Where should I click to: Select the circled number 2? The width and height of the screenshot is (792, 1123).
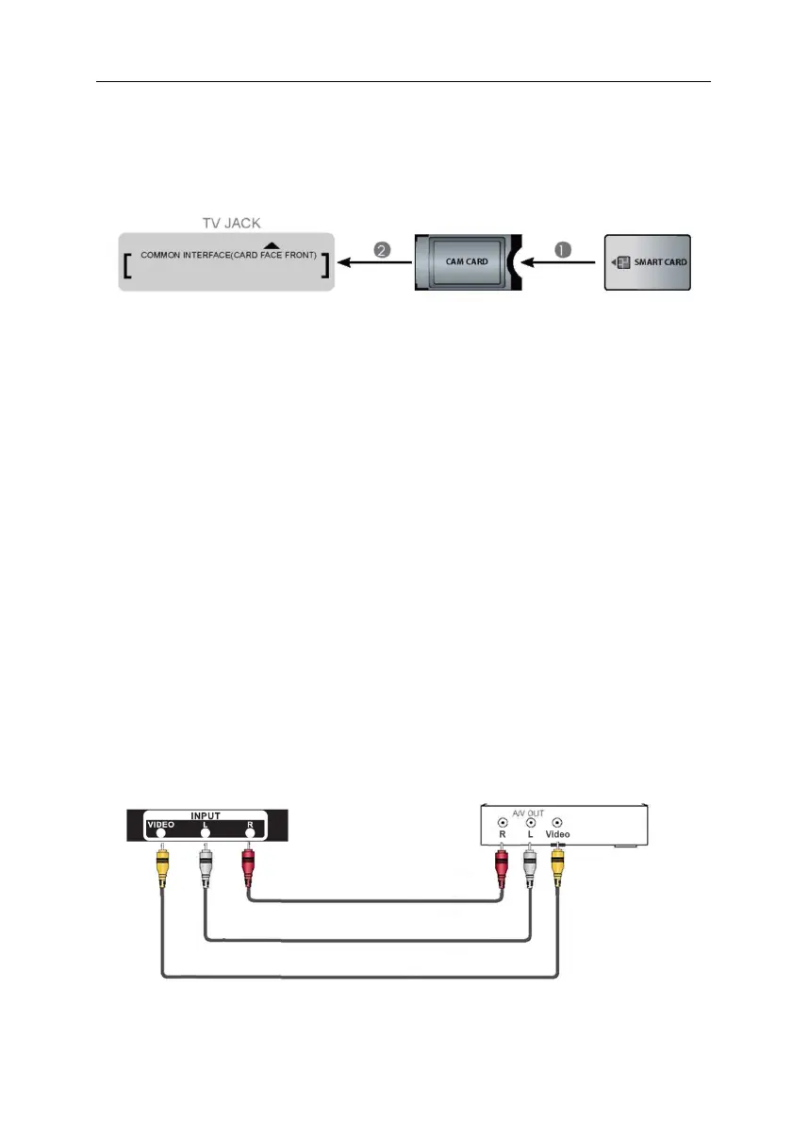point(382,251)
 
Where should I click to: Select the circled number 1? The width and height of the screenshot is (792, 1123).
point(562,251)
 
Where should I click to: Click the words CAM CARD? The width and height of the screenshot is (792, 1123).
point(467,261)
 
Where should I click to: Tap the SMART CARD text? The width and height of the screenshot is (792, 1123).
point(660,261)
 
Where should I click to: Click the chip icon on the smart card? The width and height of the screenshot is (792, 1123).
point(622,261)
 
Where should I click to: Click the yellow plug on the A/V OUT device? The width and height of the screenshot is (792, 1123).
point(559,862)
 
